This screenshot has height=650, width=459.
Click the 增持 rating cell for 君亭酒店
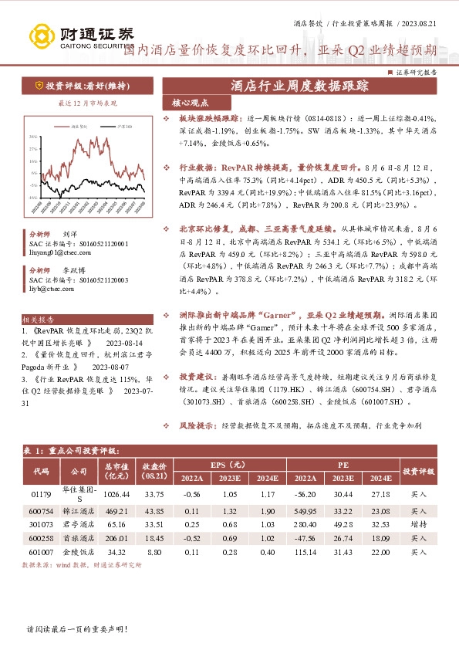pos(418,523)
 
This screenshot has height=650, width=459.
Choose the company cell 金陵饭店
pos(79,553)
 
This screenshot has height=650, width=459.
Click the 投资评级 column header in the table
pos(418,470)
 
